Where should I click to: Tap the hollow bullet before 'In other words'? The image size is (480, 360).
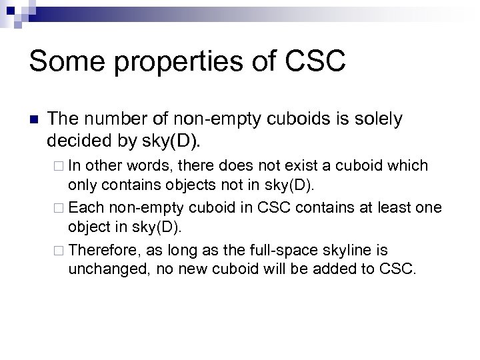[56, 165]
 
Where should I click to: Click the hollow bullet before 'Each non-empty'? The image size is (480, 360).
[56, 207]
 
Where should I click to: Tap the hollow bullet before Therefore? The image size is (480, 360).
[56, 250]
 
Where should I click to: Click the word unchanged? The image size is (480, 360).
[102, 269]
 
